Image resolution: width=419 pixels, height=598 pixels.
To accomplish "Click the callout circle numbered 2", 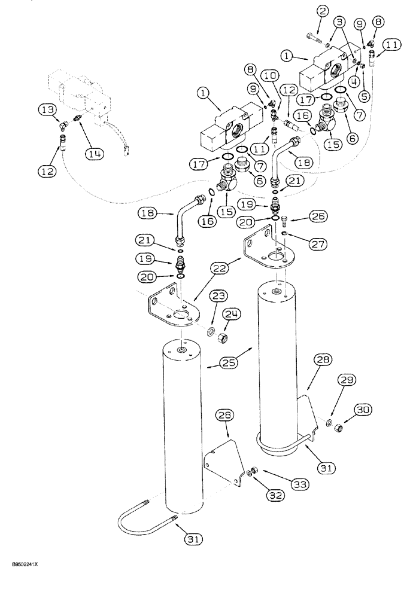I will [x=322, y=11].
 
